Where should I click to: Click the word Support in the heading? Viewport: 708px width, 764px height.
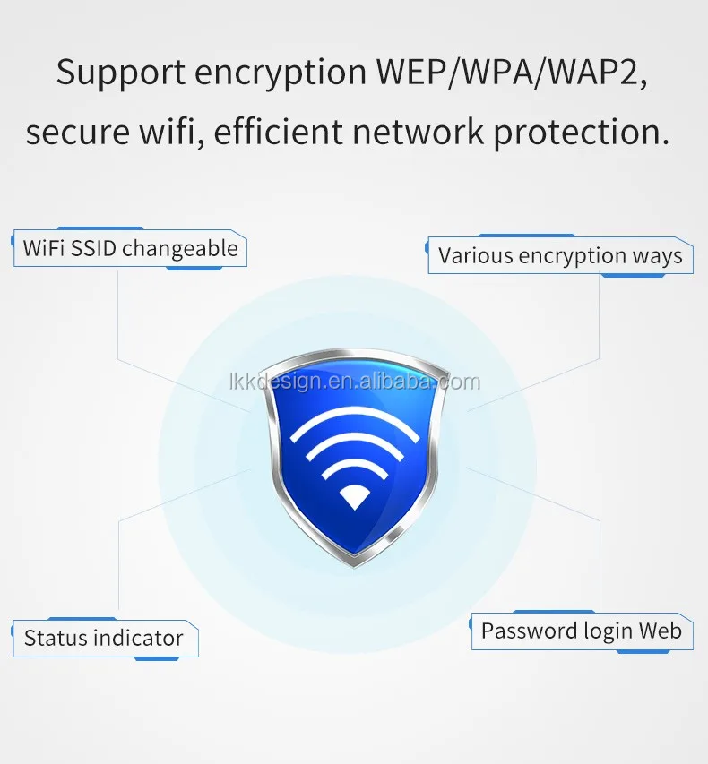(120, 73)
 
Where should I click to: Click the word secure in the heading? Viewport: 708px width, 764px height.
(78, 133)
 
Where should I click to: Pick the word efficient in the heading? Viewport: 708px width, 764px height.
(279, 131)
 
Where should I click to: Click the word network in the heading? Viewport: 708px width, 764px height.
(418, 131)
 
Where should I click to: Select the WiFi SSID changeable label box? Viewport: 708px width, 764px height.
(130, 248)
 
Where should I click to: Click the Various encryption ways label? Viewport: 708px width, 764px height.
(560, 255)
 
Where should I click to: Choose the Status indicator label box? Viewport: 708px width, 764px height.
(105, 638)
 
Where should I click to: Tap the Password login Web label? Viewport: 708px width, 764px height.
(582, 631)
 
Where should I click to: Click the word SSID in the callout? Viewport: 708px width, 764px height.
(93, 248)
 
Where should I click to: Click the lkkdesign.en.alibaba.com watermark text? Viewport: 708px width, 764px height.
(355, 382)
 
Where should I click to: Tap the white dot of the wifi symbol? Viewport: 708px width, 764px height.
(355, 497)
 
